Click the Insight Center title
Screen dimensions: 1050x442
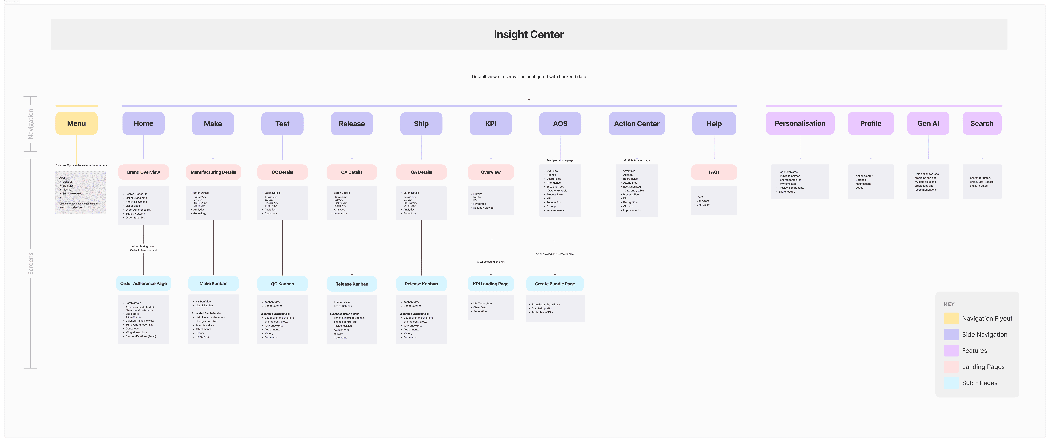529,34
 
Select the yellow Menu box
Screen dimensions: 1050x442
76,123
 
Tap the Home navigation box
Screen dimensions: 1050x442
143,123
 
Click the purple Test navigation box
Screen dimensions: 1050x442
282,124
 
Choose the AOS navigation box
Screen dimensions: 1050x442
560,124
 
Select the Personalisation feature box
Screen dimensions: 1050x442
800,123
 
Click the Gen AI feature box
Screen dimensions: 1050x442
928,123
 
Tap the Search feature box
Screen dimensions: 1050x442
981,123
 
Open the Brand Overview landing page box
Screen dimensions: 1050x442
143,172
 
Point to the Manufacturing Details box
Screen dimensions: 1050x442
213,172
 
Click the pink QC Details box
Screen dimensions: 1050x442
282,172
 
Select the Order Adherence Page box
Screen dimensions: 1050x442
143,283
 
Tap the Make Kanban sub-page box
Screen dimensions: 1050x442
213,283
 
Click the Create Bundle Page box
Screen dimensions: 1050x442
555,284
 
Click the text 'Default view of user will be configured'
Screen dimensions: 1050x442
529,77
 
